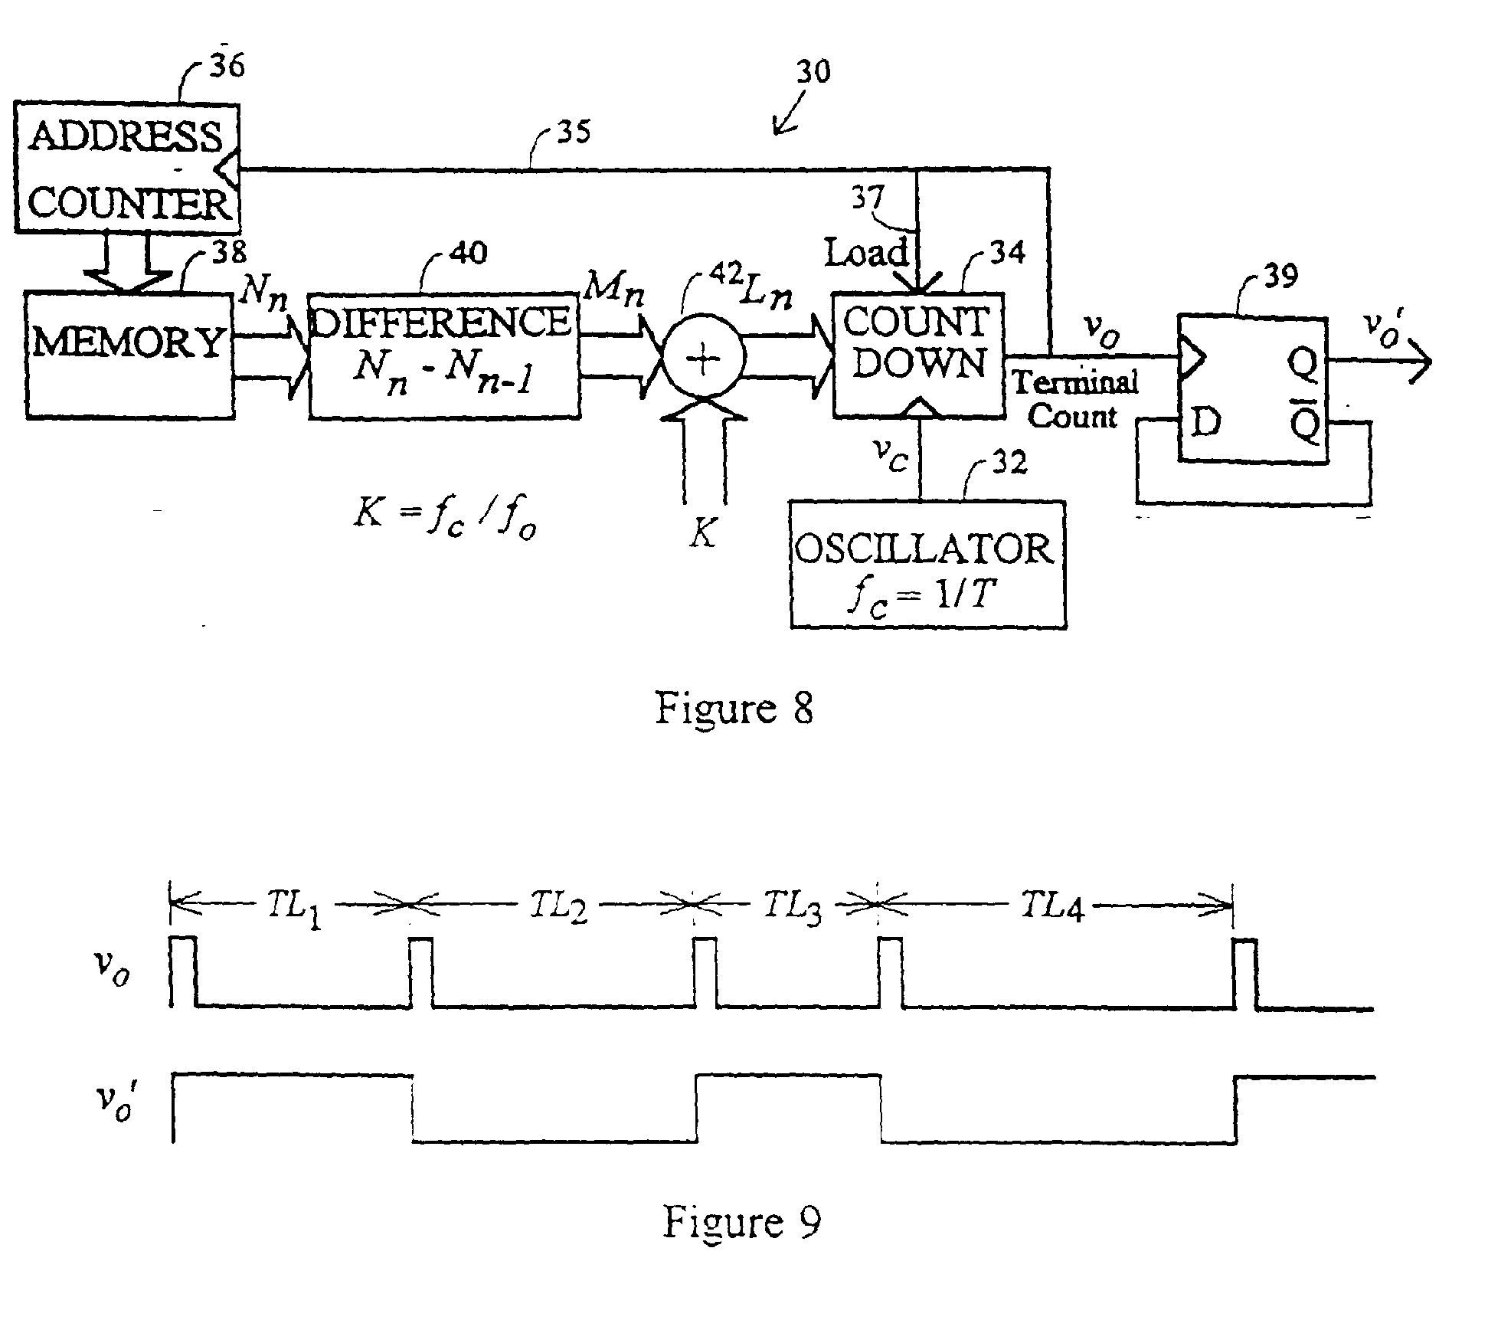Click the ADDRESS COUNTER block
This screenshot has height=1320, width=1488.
pos(127,169)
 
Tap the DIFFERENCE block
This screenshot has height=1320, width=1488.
pos(443,355)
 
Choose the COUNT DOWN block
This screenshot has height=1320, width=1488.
pos(918,355)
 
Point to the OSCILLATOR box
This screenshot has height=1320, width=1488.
pos(927,564)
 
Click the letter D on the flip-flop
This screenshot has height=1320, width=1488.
pos(1205,422)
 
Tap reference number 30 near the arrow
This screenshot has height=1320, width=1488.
pos(813,72)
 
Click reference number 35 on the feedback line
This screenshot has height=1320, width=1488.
pos(574,133)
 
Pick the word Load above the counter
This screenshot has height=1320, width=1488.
pos(866,252)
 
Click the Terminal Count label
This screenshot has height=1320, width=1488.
pos(1074,398)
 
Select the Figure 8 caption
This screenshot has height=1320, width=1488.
pos(733,707)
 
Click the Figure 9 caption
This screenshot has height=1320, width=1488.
pos(741,1221)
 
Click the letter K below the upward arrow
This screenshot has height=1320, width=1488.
pos(701,534)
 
